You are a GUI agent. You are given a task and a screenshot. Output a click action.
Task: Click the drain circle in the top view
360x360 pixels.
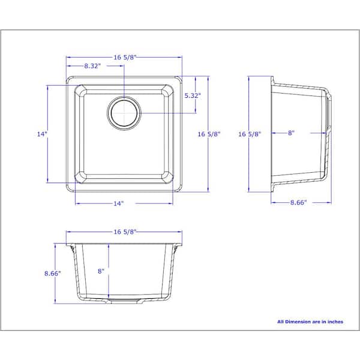[x=124, y=112]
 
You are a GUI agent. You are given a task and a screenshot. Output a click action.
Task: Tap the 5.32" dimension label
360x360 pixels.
[x=192, y=95]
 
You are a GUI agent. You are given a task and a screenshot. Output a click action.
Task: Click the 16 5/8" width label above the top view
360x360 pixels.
[x=125, y=57]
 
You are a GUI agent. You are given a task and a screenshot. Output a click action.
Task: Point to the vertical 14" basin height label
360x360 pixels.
[x=41, y=134]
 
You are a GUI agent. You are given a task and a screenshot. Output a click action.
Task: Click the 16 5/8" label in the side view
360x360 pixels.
[x=250, y=134]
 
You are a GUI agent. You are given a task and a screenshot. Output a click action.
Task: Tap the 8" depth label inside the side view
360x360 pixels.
[x=290, y=133]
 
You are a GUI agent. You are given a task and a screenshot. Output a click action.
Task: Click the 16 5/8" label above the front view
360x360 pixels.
[x=125, y=231]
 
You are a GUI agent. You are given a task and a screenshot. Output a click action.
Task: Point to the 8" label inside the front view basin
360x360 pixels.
[x=101, y=271]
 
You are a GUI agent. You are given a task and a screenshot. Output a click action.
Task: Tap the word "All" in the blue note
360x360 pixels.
[x=281, y=322]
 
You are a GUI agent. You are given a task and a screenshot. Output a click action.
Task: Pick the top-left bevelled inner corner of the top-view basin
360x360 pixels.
[x=81, y=92]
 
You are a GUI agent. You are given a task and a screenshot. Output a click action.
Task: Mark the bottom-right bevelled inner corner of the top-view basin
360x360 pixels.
[x=168, y=178]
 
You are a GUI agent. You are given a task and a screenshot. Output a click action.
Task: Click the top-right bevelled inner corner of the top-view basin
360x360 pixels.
[x=168, y=92]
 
